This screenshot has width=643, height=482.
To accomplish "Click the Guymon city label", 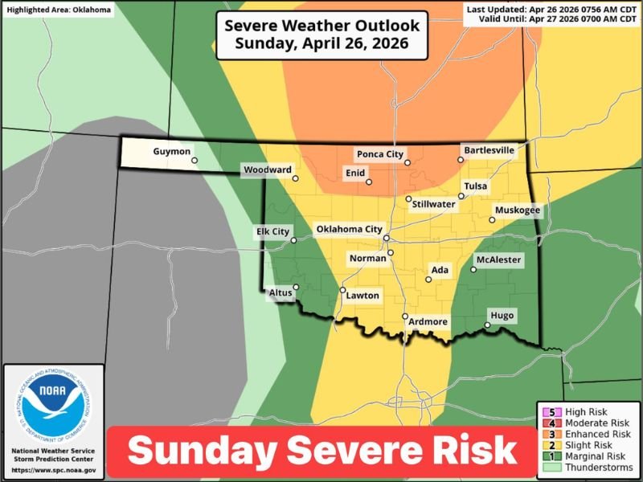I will pos(172,151).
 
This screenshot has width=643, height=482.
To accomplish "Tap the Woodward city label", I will pos(267,170).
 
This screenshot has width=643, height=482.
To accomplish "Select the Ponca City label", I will pos(380,153).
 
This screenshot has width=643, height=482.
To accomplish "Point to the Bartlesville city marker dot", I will pos(461,160).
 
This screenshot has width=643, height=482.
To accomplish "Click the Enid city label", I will pos(354,173).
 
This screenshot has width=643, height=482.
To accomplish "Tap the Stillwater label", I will pos(433,204).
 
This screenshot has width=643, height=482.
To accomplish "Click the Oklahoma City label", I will pos(349,229).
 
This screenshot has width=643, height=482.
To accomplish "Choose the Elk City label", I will pos(272,231).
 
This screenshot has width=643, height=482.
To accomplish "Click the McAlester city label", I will pos(498,260).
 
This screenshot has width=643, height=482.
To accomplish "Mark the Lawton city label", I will pos(362,296).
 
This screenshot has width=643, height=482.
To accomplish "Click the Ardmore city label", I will pos(428,321).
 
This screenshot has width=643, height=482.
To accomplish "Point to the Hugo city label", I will pos(502,315).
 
